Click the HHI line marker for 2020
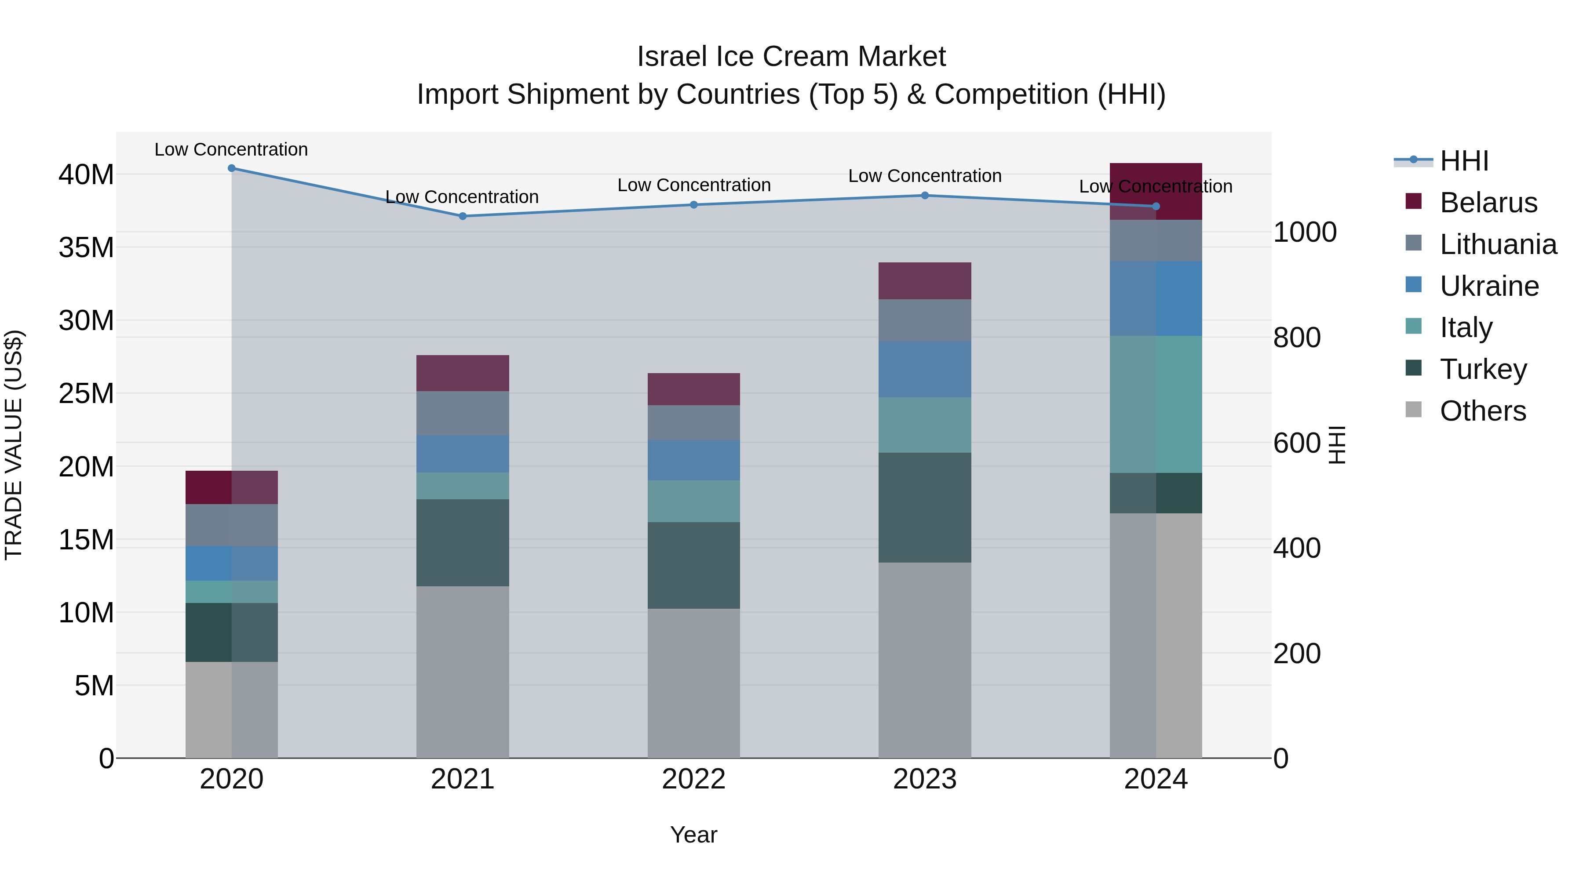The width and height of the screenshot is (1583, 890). (x=232, y=168)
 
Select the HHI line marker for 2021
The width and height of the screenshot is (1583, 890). (x=463, y=216)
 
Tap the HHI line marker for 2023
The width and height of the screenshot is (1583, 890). (x=925, y=195)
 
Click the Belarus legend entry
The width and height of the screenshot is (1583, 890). (x=1488, y=203)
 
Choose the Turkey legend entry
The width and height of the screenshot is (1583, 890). (x=1483, y=369)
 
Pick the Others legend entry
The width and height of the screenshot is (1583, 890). (x=1482, y=411)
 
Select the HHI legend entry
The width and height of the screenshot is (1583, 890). (x=1464, y=161)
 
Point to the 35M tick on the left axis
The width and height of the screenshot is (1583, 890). (x=86, y=247)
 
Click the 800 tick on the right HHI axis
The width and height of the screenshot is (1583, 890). (x=1297, y=338)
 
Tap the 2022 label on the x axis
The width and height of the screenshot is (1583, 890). (x=694, y=779)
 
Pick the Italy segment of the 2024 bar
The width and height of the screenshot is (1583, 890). (x=1156, y=404)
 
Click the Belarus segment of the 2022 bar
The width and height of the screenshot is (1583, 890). (x=694, y=389)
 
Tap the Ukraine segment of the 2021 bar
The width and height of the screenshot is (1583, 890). (x=463, y=454)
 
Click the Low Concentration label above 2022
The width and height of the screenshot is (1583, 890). (x=694, y=185)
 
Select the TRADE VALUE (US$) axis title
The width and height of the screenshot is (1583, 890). (x=14, y=445)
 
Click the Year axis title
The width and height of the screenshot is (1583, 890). (x=694, y=835)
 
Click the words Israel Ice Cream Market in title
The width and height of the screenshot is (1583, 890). (x=791, y=57)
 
